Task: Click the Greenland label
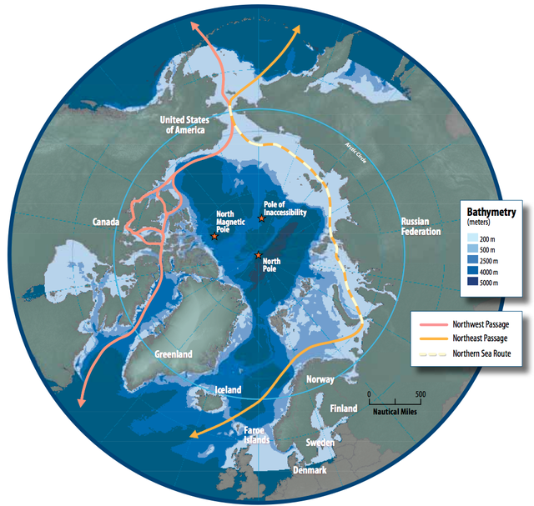point(173,354)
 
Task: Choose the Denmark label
point(310,470)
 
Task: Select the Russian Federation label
point(420,226)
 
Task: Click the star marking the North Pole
point(259,254)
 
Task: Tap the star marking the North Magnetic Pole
point(214,237)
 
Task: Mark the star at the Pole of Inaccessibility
point(262,219)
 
